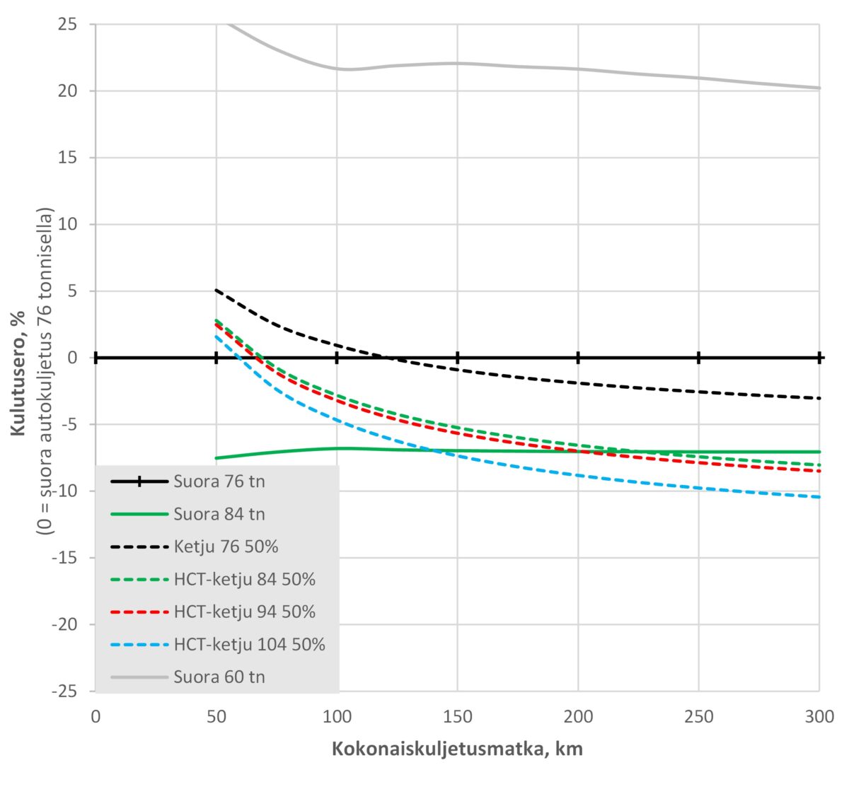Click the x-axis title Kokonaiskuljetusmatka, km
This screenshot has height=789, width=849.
coord(457,749)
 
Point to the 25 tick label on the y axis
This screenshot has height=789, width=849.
coord(68,25)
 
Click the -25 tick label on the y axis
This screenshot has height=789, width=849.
coord(64,691)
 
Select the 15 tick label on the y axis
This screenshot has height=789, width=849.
coord(68,158)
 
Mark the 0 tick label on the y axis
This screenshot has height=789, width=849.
coord(73,358)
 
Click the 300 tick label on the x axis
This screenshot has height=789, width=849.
coord(819,717)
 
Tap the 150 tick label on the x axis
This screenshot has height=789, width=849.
coord(457,717)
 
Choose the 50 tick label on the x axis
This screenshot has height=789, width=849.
coord(216,717)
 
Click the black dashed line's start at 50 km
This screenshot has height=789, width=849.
coord(216,290)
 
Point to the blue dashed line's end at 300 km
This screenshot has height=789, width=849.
coord(819,497)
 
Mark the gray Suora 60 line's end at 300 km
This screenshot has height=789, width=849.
coord(819,88)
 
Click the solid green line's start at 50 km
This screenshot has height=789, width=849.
coord(216,458)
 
